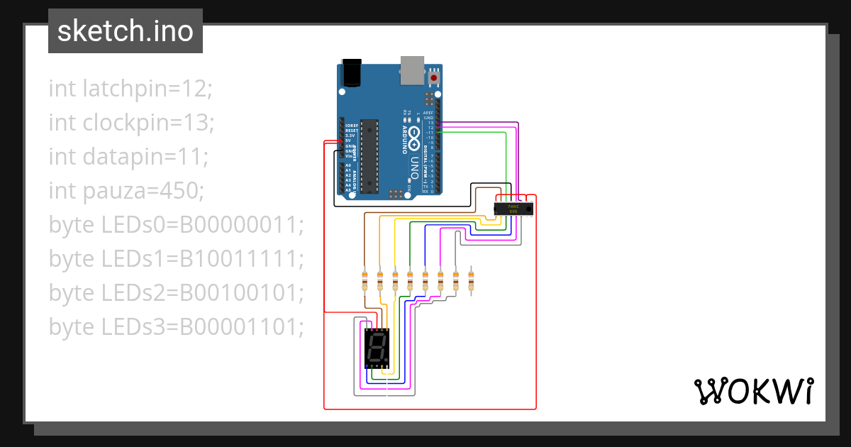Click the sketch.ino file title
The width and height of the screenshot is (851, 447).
pyautogui.click(x=126, y=31)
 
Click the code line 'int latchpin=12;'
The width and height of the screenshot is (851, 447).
pyautogui.click(x=130, y=89)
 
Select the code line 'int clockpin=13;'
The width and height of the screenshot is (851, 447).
pyautogui.click(x=131, y=123)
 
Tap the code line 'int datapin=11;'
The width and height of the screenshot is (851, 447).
pyautogui.click(x=128, y=157)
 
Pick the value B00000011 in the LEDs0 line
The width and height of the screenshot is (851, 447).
pyautogui.click(x=241, y=225)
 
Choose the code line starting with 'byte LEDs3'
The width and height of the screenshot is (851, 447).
pyautogui.click(x=176, y=327)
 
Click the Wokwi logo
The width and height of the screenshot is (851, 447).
pyautogui.click(x=753, y=391)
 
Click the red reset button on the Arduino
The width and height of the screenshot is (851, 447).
pyautogui.click(x=434, y=77)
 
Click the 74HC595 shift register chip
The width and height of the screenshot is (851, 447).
pyautogui.click(x=513, y=209)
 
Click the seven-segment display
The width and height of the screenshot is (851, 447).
pyautogui.click(x=377, y=348)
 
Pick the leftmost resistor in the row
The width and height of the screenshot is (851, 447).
pyautogui.click(x=365, y=281)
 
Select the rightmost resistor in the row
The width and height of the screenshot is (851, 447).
pyautogui.click(x=471, y=281)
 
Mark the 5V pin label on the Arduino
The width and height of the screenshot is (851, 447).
pyautogui.click(x=349, y=140)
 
